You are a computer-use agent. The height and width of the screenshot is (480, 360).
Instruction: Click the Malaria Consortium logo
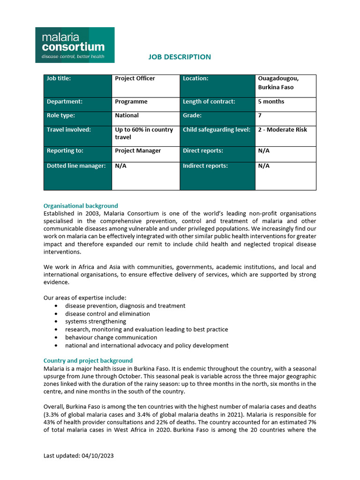click(x=75, y=45)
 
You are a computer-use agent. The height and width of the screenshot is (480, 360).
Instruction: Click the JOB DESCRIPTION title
click(x=180, y=57)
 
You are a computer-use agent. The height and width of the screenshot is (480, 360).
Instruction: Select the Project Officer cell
click(x=135, y=78)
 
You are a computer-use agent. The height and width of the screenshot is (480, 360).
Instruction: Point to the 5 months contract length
click(x=271, y=101)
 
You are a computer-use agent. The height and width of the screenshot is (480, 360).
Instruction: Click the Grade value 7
click(x=260, y=115)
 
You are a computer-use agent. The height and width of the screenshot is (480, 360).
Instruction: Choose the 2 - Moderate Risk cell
click(x=282, y=129)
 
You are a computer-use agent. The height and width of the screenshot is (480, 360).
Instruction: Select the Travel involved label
click(x=69, y=129)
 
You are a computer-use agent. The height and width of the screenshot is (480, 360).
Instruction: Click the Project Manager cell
click(x=138, y=150)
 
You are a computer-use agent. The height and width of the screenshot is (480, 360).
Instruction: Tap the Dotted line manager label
click(x=76, y=165)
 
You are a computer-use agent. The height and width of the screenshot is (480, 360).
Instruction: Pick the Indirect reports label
click(x=205, y=165)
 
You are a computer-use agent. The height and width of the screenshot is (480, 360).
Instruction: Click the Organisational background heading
click(x=81, y=206)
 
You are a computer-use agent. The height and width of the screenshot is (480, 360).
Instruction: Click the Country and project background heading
click(x=88, y=360)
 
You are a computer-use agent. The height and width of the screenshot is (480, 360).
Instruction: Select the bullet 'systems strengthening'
click(x=96, y=322)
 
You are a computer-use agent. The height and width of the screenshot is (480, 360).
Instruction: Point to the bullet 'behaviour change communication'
click(x=111, y=337)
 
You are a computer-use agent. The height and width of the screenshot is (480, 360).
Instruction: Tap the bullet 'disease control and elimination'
click(x=107, y=314)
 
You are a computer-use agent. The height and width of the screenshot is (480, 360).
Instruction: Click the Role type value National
click(x=127, y=115)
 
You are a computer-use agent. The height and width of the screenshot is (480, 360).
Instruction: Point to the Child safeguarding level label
click(x=217, y=129)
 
